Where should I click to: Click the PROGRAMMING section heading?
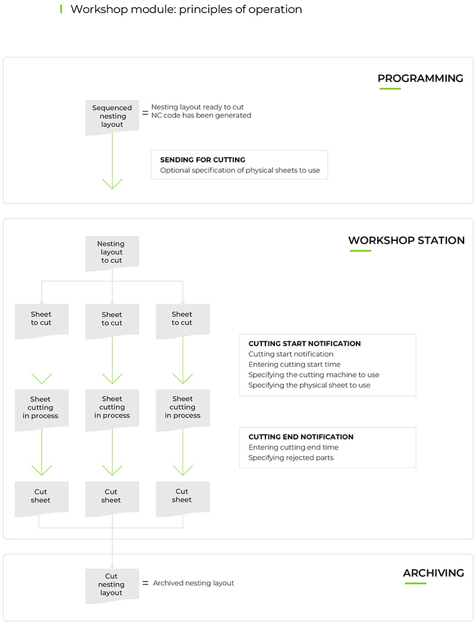tap(420, 78)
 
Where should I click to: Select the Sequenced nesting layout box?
tap(112, 117)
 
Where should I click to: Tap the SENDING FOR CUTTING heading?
tap(202, 160)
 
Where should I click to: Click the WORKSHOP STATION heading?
tap(406, 240)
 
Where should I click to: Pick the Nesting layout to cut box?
tap(112, 252)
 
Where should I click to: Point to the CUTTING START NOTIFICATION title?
tap(305, 344)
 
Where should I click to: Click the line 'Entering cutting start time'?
tap(295, 365)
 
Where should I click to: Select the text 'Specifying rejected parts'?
tap(291, 458)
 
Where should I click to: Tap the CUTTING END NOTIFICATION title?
tap(301, 436)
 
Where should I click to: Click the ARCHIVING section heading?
tap(433, 573)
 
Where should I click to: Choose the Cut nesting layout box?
tap(112, 585)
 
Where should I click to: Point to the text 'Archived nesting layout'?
tap(193, 583)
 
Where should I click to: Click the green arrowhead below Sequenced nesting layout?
tap(112, 183)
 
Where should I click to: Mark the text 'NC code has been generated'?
tap(201, 115)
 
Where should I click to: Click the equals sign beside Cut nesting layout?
tap(145, 583)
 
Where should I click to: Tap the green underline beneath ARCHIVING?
tap(415, 583)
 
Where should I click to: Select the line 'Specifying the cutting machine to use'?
tap(314, 375)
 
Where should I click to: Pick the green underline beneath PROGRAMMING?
tap(390, 89)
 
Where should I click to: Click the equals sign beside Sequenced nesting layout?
tap(145, 111)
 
